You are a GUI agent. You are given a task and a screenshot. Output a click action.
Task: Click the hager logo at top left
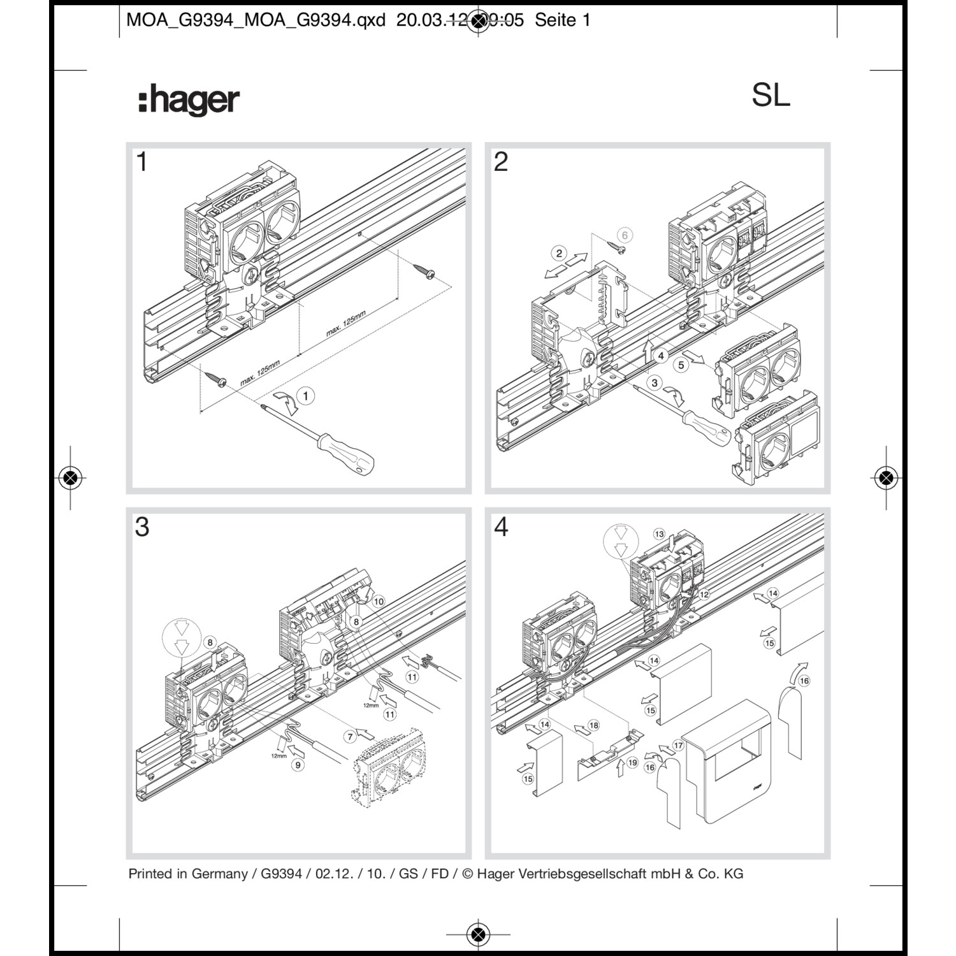(x=189, y=101)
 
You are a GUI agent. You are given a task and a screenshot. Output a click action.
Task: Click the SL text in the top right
(x=771, y=96)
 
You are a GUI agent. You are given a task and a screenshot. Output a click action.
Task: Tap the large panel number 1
(x=142, y=162)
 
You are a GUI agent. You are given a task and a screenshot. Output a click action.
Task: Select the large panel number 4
(x=501, y=527)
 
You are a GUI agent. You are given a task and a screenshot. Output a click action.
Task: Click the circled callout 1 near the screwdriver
(x=305, y=396)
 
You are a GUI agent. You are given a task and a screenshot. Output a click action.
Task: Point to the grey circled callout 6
(x=625, y=235)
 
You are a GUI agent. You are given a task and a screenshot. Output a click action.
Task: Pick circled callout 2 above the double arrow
(x=559, y=253)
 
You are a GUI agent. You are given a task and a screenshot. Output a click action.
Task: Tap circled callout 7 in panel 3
(x=350, y=737)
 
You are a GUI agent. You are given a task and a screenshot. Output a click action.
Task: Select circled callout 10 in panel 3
(x=379, y=601)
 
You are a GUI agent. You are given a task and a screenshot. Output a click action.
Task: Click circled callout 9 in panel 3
(x=298, y=765)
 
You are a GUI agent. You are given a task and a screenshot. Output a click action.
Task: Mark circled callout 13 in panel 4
(x=659, y=534)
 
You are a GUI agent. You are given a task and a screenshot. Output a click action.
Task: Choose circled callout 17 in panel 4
(x=678, y=745)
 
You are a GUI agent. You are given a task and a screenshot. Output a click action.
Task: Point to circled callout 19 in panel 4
(x=632, y=762)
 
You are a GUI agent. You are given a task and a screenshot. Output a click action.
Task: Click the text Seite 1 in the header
(x=562, y=20)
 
